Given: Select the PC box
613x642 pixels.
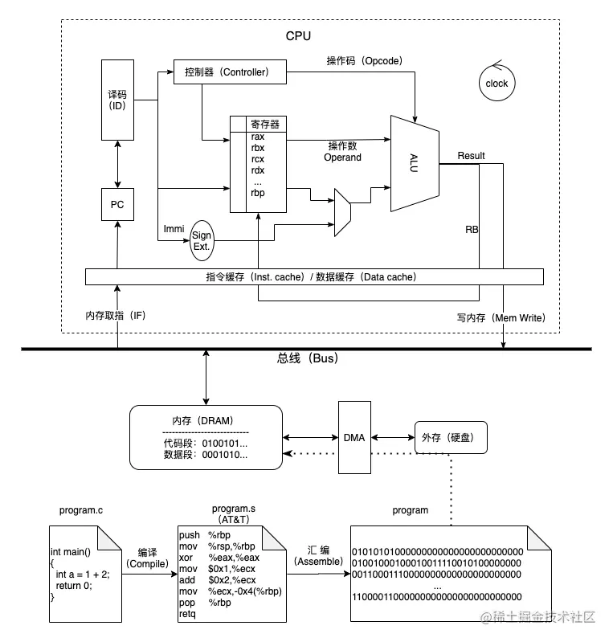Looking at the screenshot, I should (x=117, y=205).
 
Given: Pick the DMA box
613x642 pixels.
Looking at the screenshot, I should (x=353, y=438).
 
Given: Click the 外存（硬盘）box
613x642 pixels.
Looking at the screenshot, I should (x=450, y=438).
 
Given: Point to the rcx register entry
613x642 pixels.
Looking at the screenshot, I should (x=258, y=158).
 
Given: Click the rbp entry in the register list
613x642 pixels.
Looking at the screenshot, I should (x=258, y=192).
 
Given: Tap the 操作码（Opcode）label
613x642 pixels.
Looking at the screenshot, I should (x=364, y=60).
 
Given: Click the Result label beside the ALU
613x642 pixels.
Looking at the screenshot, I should (x=471, y=155).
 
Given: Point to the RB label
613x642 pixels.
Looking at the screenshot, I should (x=472, y=229).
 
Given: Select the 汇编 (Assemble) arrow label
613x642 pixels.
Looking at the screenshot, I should (x=319, y=556).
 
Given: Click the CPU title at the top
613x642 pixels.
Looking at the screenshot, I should (x=298, y=36).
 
